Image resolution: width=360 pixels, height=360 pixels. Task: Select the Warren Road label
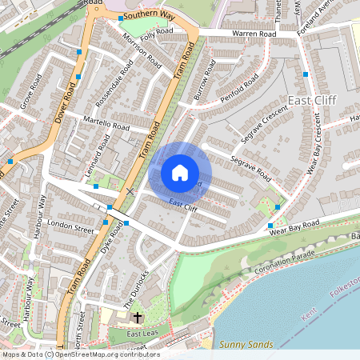(254, 34)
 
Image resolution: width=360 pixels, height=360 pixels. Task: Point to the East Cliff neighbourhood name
(311, 100)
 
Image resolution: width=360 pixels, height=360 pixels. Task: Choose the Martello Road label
(106, 125)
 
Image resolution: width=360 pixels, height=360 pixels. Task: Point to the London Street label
(71, 226)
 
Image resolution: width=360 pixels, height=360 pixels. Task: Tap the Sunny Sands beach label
(246, 345)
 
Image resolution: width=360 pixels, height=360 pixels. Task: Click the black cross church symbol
(136, 318)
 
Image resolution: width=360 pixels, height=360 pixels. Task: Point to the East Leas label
(143, 332)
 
